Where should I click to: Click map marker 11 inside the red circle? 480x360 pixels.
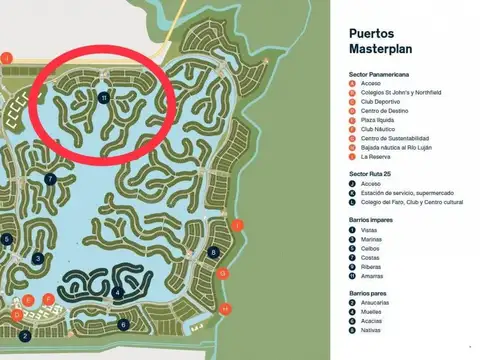point(104,97)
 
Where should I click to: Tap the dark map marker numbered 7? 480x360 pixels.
point(50,179)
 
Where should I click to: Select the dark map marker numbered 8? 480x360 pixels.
point(214,252)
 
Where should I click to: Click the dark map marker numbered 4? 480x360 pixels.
point(118,293)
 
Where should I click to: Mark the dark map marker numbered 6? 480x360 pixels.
point(124,324)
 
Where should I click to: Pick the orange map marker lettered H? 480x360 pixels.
point(226,308)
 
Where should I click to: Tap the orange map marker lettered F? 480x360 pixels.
point(48,299)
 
